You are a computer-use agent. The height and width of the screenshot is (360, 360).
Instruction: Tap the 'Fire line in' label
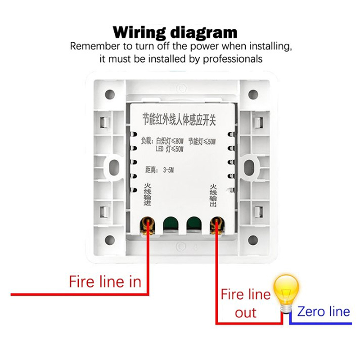(105, 282)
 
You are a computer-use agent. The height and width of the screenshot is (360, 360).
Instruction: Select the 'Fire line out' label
(246, 304)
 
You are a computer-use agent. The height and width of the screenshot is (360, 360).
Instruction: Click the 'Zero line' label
(324, 311)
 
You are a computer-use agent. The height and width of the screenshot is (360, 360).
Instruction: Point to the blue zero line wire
(324, 323)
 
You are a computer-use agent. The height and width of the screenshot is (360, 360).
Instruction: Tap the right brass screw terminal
(217, 224)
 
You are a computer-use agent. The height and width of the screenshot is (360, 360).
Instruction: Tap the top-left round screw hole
(109, 94)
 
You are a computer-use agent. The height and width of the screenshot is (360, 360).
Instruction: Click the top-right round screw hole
(253, 94)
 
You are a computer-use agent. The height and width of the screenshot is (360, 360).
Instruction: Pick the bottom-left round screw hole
(109, 239)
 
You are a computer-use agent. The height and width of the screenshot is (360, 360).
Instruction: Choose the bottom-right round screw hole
(253, 239)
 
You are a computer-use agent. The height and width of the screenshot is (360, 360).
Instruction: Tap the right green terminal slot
(193, 224)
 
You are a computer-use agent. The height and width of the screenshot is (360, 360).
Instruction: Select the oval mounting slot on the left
(112, 167)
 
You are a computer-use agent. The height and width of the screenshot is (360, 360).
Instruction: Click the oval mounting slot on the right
(249, 167)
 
